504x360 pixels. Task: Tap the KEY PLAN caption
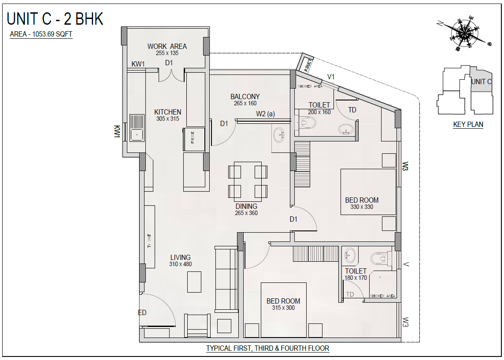pos(468,124)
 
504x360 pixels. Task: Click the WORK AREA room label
pos(167,46)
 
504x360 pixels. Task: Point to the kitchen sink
pos(137,128)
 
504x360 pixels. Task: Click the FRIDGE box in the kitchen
pos(193,139)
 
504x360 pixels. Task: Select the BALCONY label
pos(245,96)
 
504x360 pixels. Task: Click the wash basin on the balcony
pos(278,135)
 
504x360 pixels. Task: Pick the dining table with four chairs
pos(248,181)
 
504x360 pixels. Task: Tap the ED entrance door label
pos(142,312)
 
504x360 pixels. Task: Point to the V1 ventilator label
pos(331,77)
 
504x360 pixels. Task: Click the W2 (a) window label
pos(265,114)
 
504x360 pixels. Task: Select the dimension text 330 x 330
pos(362,207)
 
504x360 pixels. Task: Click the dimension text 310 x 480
pos(180,264)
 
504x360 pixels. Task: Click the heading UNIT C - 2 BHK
pos(55,19)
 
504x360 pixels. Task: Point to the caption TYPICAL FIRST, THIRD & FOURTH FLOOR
pos(268,348)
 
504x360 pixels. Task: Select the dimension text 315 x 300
pos(283,308)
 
